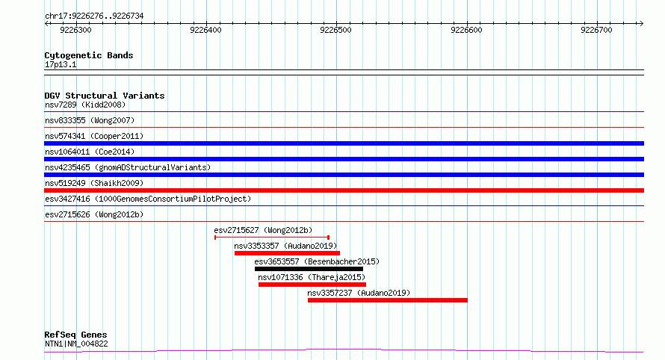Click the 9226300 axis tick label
coord(75,30)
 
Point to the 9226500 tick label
coord(336,30)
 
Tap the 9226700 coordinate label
coord(596,30)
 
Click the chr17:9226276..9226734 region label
coord(94,16)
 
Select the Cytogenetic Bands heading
coord(89,55)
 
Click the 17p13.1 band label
coord(61,64)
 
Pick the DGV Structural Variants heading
coord(105,96)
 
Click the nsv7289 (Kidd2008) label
coord(85,105)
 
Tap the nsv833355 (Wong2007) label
coord(90,120)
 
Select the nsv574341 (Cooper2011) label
coord(94,136)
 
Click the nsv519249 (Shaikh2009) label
coord(94,183)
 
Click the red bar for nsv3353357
coord(287,253)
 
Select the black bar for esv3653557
coord(309,269)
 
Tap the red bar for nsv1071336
coord(312,285)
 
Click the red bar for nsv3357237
coord(388,300)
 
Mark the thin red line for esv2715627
coord(272,238)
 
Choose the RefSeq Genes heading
coord(75,335)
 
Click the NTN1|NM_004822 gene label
coord(76,344)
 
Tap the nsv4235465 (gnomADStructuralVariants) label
coord(128,167)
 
